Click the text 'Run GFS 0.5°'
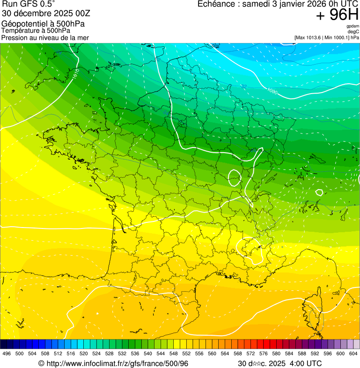[x=29, y=4]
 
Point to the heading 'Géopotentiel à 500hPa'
[x=43, y=24]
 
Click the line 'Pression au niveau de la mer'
[x=45, y=37]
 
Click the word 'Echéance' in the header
[x=216, y=4]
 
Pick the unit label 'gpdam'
[x=353, y=26]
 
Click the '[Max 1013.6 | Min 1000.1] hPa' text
[x=327, y=37]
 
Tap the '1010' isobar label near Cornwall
[x=75, y=74]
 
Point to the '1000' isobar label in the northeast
[x=272, y=91]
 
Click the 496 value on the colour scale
[x=7, y=353]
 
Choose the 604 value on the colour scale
[x=353, y=353]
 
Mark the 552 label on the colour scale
[x=186, y=353]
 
